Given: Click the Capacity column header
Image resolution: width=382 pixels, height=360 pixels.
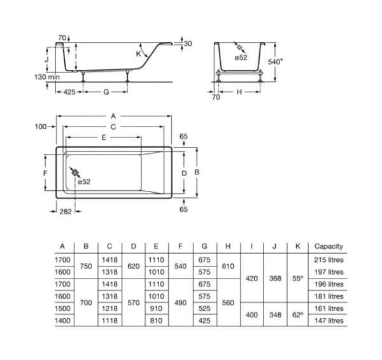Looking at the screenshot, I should pos(329,246).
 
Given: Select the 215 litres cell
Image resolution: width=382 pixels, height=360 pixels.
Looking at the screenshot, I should pos(329,260).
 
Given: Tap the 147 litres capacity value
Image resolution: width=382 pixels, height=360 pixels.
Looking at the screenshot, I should pos(329,321).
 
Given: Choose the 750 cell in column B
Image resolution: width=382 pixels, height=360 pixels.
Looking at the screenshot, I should pos(86,265).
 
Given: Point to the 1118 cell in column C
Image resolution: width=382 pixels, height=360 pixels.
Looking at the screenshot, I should pos(109,321).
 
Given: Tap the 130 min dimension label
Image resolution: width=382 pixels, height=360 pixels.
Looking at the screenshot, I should pos(47,76).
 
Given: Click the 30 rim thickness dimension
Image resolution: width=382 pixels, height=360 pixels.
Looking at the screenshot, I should pos(187,43).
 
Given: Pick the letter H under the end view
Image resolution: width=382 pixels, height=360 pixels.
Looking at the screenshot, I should pos(239,92).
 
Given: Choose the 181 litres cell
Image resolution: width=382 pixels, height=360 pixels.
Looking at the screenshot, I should pos(329,296).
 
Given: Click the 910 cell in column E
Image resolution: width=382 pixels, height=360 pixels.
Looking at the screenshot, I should pos(155,308).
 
